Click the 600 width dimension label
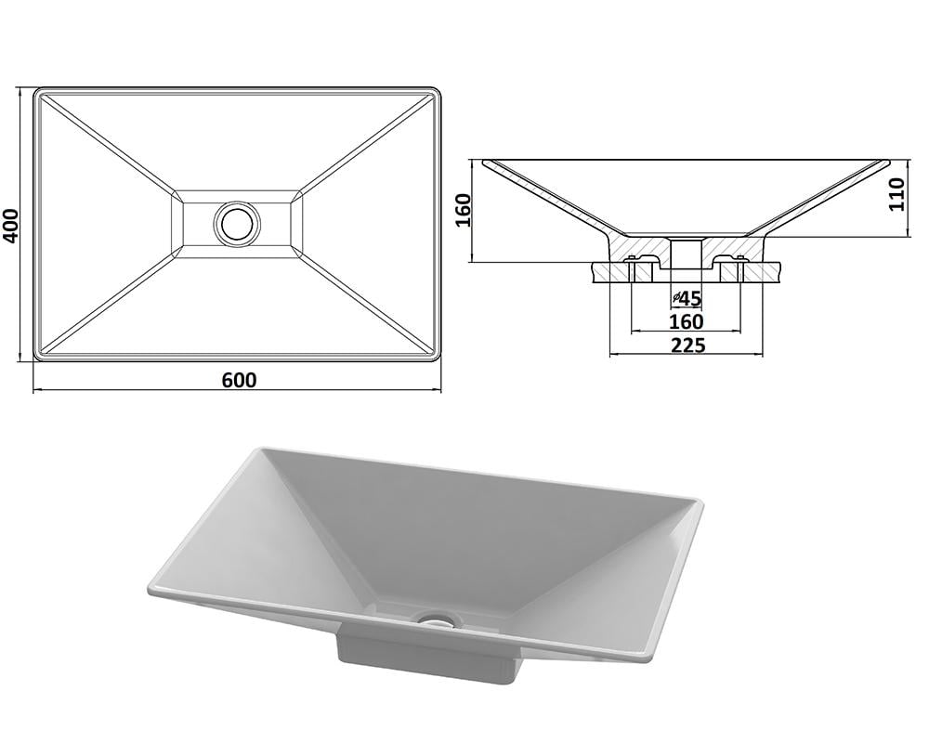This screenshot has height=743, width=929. [x=240, y=380]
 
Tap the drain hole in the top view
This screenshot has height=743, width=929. [x=237, y=223]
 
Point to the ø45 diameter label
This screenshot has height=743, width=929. [x=687, y=299]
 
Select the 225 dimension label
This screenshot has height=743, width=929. [x=687, y=345]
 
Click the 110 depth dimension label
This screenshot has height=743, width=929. [x=897, y=194]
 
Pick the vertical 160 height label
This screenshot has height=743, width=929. [x=462, y=210]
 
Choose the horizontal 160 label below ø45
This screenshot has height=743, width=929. [x=687, y=321]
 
